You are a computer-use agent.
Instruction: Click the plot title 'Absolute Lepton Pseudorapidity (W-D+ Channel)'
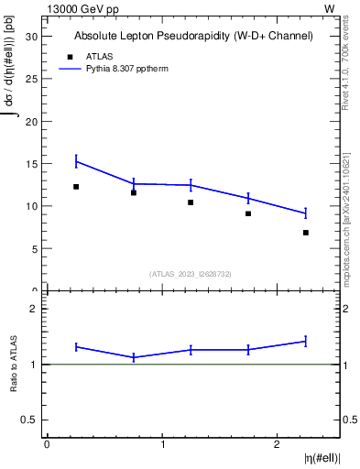[193, 36]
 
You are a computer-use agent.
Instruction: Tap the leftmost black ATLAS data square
[76, 187]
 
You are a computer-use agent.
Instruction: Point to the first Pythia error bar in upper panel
[76, 161]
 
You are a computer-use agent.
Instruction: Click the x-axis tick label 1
[162, 444]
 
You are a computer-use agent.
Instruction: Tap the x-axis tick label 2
[277, 444]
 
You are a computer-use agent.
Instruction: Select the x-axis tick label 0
[47, 444]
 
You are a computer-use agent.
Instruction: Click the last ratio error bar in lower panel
[305, 342]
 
